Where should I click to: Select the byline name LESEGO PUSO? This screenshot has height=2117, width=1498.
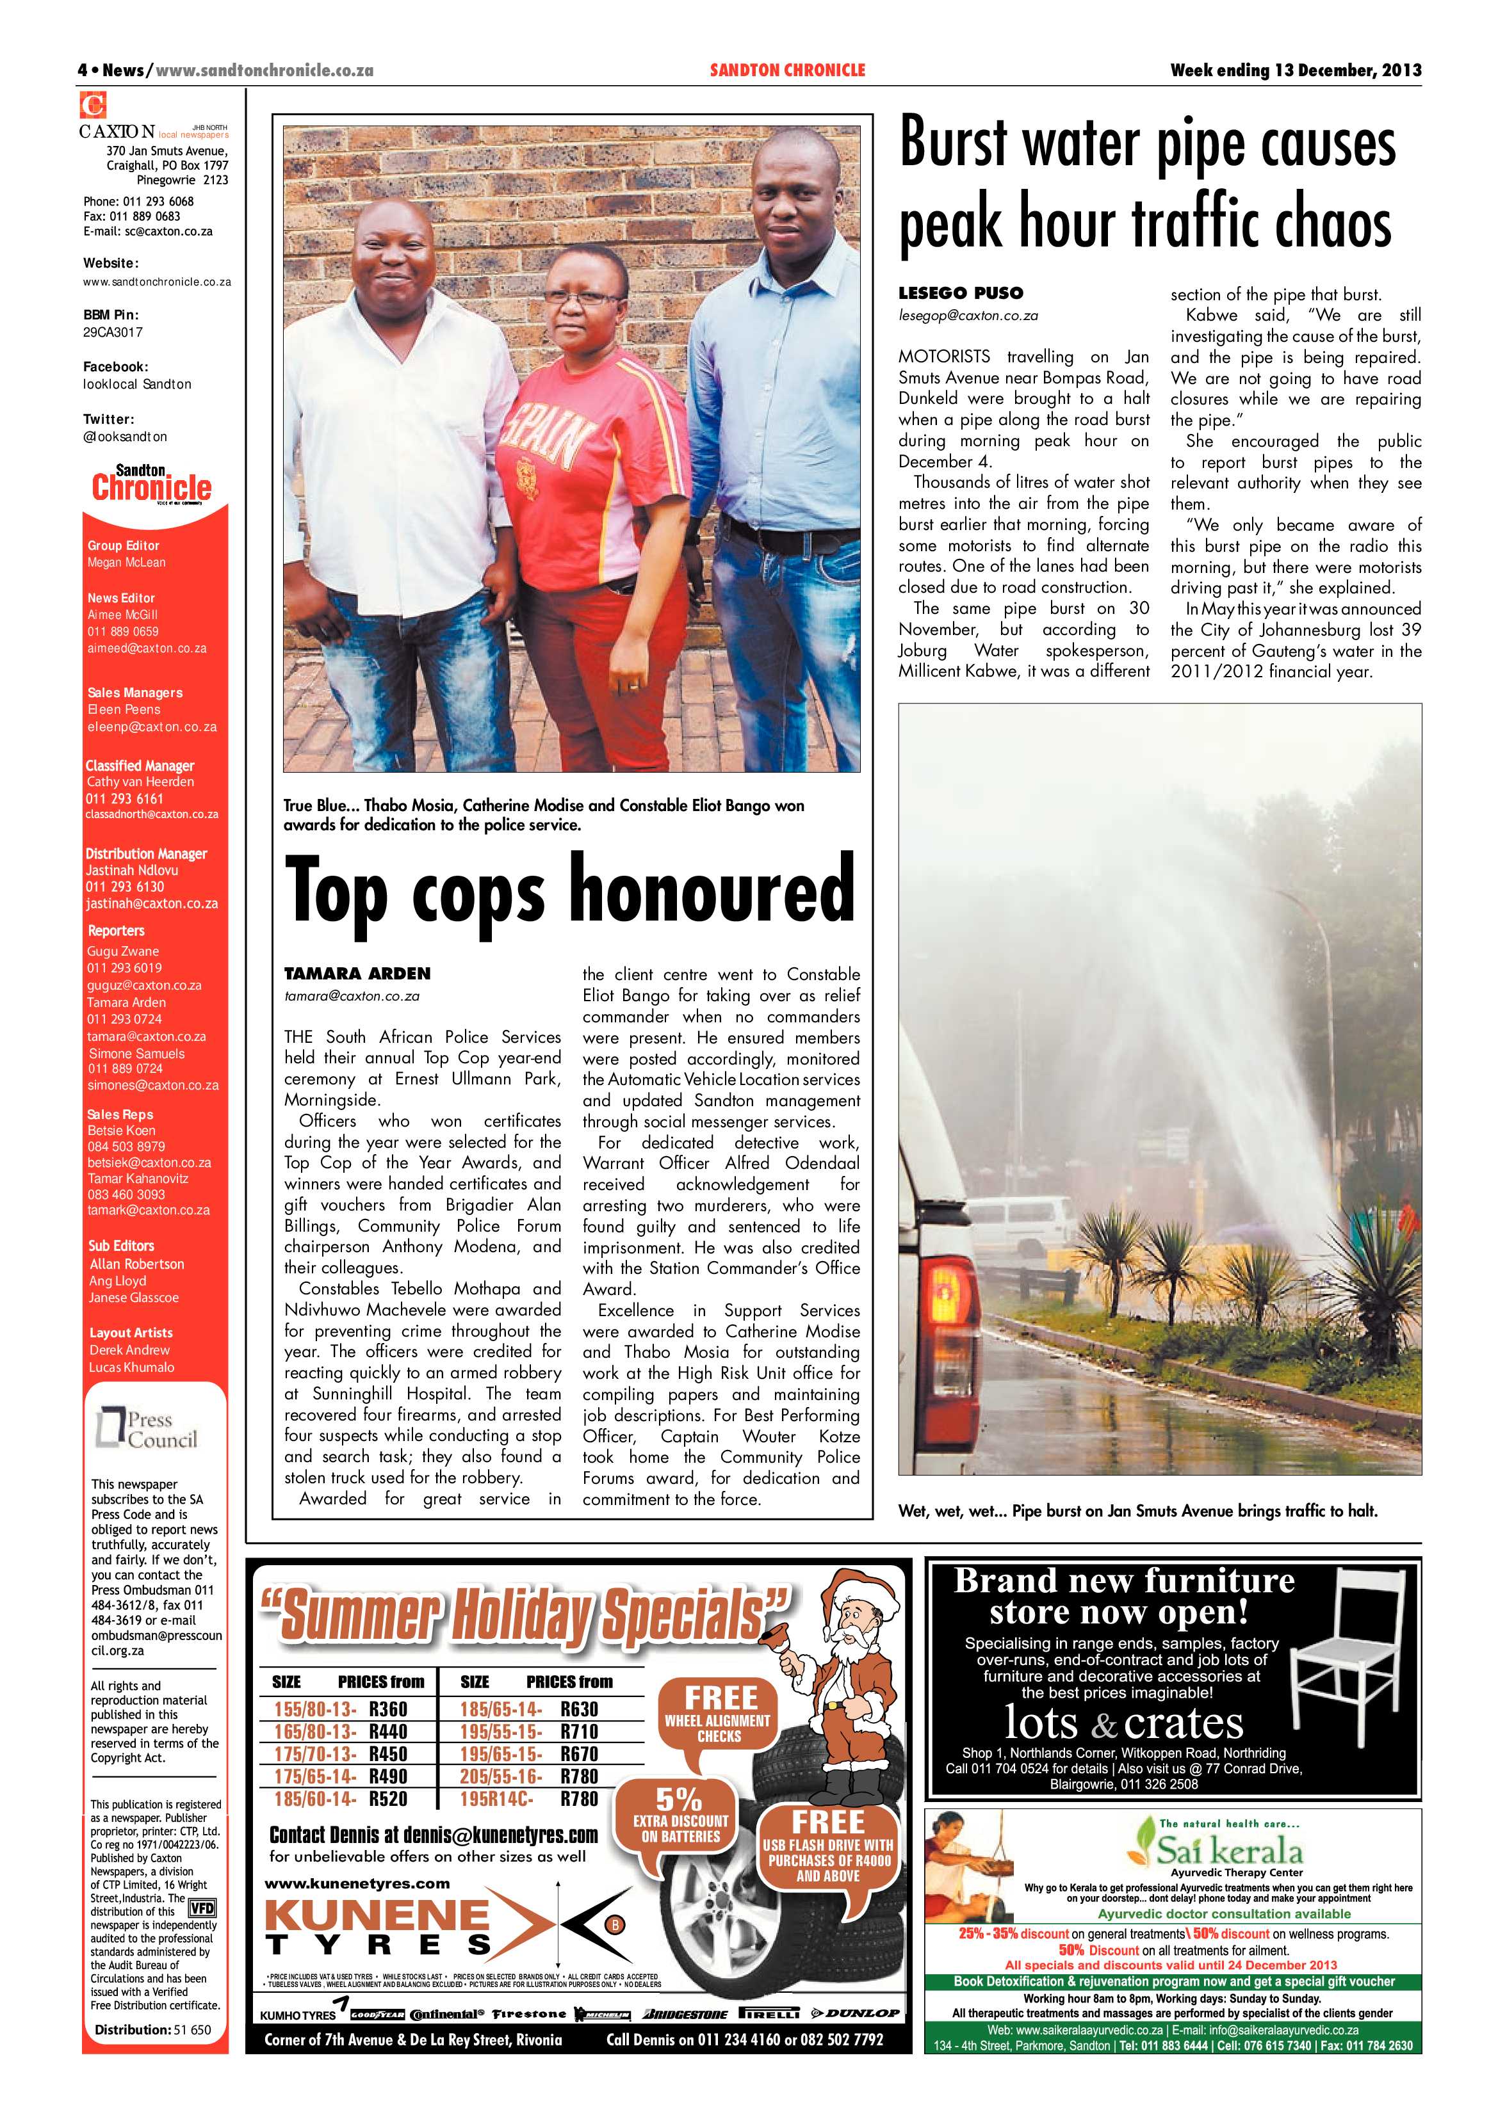click(960, 293)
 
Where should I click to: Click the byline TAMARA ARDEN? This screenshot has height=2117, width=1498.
click(357, 974)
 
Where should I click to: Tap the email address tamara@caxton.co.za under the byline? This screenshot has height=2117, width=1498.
click(352, 996)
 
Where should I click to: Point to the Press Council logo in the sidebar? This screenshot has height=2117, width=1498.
click(147, 1429)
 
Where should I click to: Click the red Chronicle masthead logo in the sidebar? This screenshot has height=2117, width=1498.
click(151, 486)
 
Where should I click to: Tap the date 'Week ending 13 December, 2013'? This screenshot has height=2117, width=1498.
click(1295, 70)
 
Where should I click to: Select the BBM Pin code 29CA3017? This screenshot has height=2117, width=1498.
click(113, 332)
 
